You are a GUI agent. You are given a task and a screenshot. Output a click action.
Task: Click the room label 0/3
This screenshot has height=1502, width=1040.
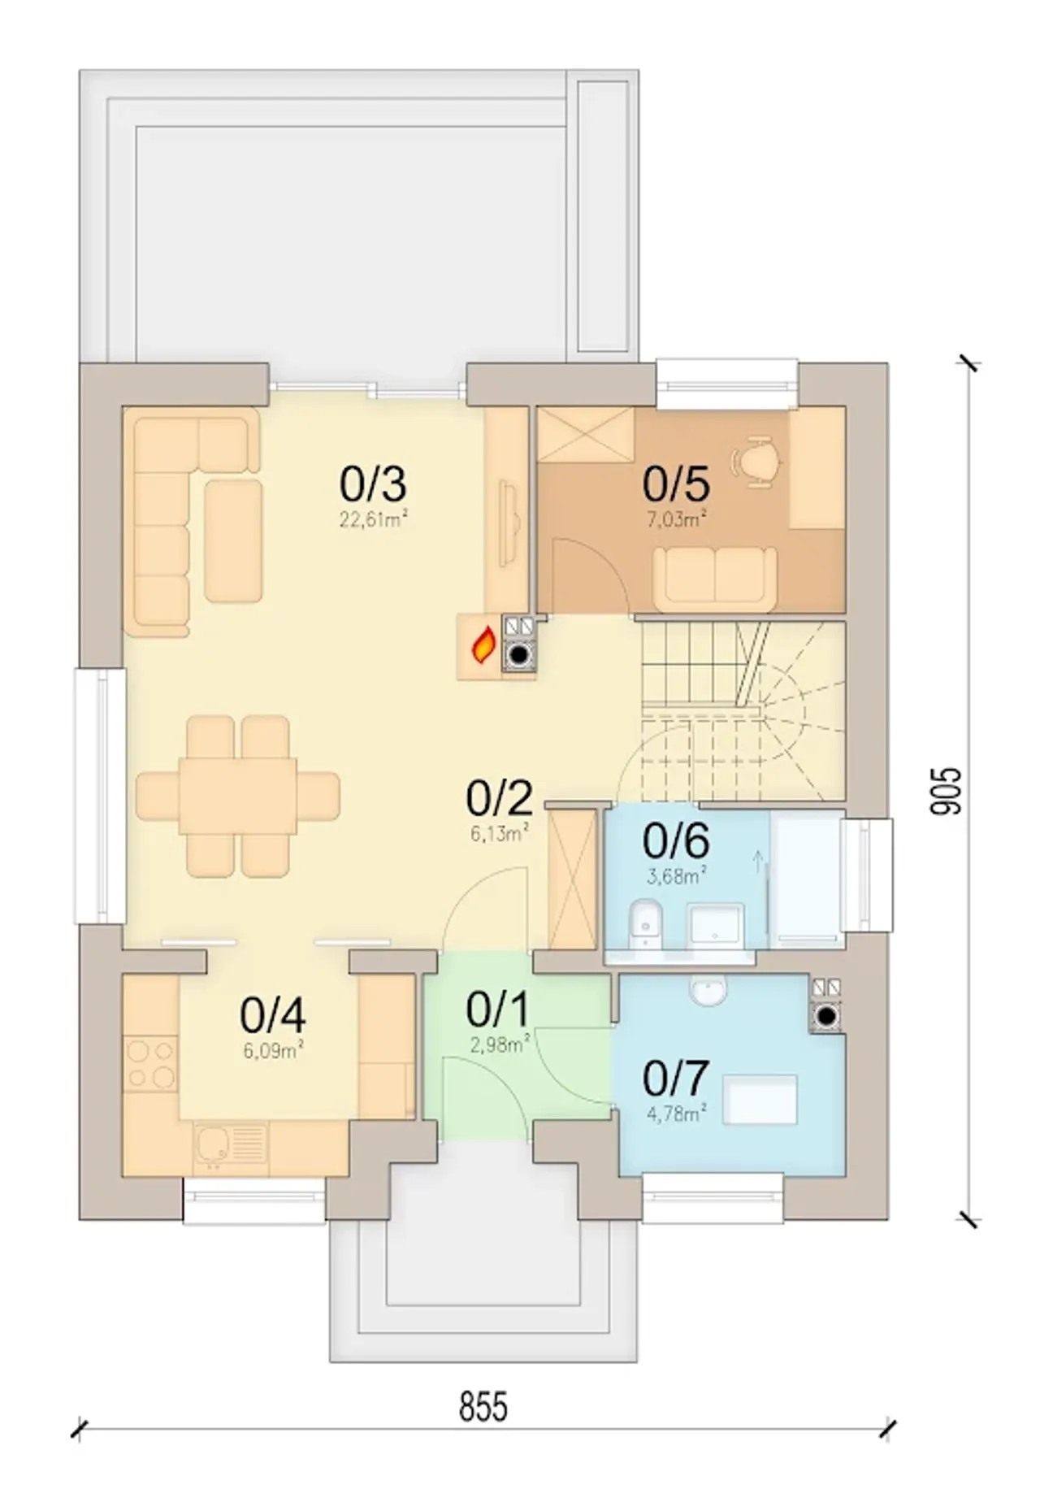pyautogui.click(x=373, y=484)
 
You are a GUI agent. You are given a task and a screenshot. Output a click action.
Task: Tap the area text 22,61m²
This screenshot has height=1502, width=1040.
pyautogui.click(x=373, y=519)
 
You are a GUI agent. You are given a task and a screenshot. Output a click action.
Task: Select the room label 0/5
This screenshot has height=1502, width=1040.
pyautogui.click(x=676, y=484)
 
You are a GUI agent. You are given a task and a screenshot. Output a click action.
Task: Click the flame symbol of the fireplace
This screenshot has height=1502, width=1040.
pyautogui.click(x=484, y=645)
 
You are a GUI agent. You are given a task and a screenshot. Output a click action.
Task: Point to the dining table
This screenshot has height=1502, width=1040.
pyautogui.click(x=238, y=795)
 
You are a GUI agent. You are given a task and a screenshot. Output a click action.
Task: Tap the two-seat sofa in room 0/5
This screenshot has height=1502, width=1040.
pyautogui.click(x=715, y=578)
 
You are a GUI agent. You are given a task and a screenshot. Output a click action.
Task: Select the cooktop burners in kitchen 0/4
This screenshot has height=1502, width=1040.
pyautogui.click(x=151, y=1065)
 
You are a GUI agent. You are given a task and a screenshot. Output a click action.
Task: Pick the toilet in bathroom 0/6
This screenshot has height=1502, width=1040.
pyautogui.click(x=648, y=924)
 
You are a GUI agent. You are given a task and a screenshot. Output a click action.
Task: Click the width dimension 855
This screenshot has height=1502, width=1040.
pyautogui.click(x=483, y=1407)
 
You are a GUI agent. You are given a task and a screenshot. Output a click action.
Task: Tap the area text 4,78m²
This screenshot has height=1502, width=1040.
pyautogui.click(x=676, y=1113)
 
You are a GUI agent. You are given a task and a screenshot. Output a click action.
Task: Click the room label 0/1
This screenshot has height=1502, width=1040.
pyautogui.click(x=498, y=1010)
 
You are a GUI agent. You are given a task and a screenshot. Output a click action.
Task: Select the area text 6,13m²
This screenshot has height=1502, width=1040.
pyautogui.click(x=500, y=832)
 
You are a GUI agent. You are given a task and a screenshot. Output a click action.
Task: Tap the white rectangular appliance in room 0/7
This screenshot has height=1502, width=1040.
pyautogui.click(x=761, y=1099)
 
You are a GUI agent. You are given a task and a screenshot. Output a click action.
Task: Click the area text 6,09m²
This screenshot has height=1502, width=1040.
pyautogui.click(x=273, y=1052)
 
